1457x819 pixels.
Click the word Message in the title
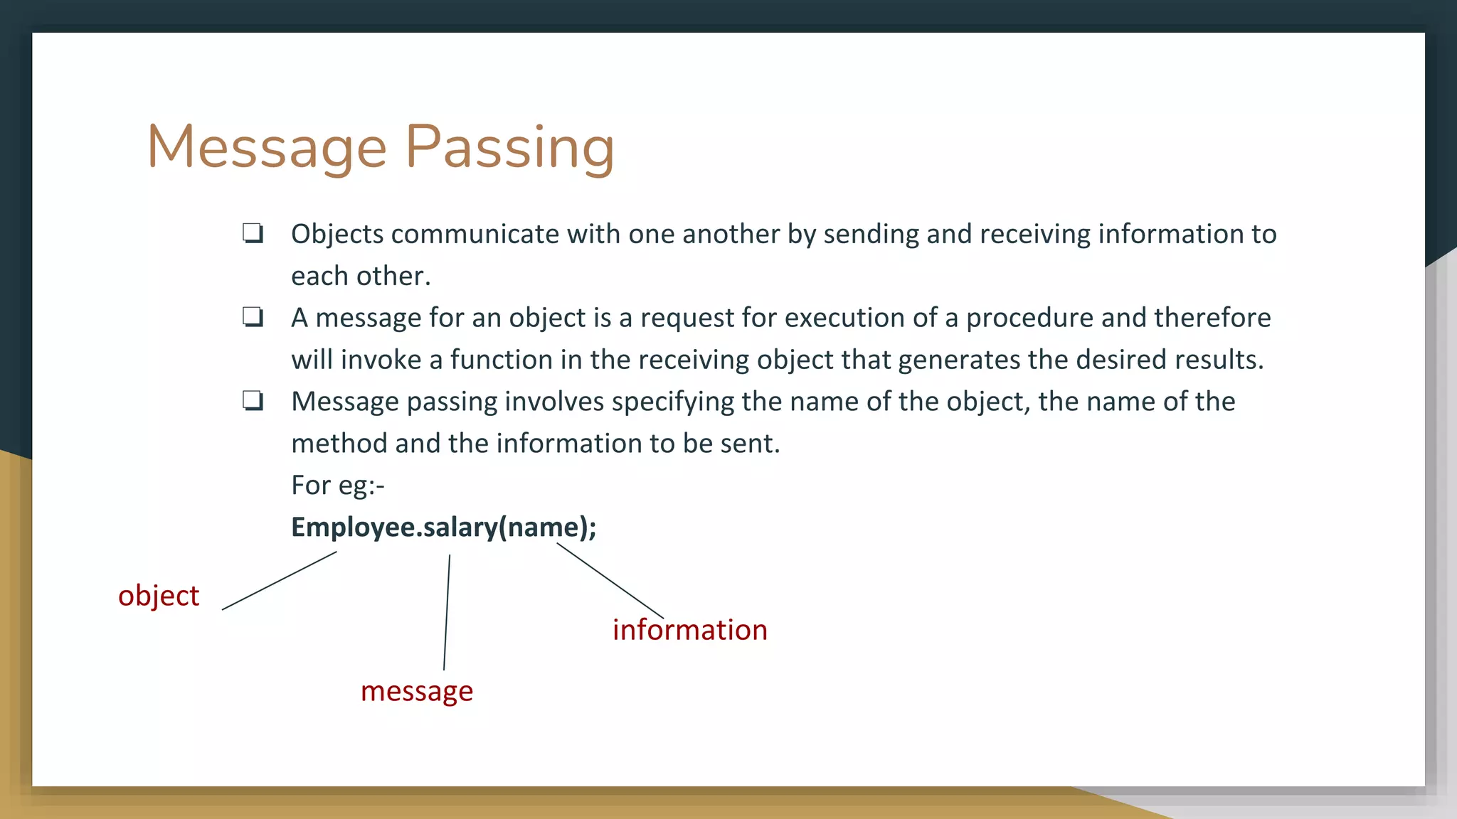click(267, 147)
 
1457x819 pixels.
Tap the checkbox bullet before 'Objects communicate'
click(253, 233)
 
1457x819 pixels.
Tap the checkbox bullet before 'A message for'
click(253, 317)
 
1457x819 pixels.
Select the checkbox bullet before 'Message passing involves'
click(253, 401)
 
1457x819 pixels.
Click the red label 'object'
click(159, 596)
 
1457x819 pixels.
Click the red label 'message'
click(417, 691)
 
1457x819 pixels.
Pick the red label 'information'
click(690, 630)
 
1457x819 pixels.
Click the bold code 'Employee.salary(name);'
click(444, 527)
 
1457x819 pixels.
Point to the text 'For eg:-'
click(338, 485)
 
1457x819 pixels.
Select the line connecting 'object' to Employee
click(279, 581)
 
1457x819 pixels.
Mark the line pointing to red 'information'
click(610, 581)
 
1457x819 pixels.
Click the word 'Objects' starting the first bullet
click(337, 234)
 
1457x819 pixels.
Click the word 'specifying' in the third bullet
click(672, 402)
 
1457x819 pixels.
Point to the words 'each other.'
click(361, 276)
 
